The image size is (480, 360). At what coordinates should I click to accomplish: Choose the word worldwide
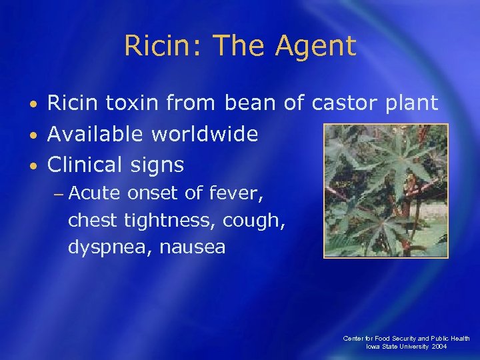(204, 134)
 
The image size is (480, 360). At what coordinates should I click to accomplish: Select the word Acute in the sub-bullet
(94, 193)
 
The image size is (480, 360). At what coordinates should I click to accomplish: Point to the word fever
(237, 193)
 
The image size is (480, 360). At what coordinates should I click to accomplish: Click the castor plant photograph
(385, 191)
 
